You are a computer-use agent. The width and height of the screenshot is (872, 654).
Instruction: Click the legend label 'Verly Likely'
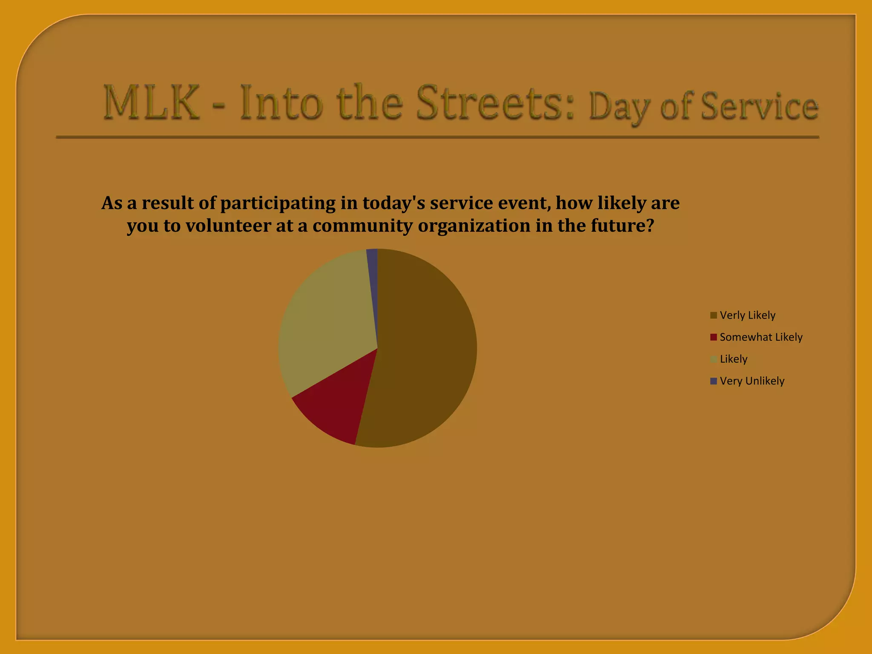coord(747,316)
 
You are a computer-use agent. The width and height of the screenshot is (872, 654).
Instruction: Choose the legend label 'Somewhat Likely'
coord(761,337)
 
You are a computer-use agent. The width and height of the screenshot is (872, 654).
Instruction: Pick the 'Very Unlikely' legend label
coord(752,381)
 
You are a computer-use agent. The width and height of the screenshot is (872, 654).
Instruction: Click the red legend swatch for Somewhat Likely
coord(714,337)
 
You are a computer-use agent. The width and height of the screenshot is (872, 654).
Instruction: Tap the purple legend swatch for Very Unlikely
coord(714,381)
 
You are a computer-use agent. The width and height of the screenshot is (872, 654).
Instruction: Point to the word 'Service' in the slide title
coord(760,106)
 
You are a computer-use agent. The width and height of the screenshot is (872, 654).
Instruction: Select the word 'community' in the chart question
coord(362,226)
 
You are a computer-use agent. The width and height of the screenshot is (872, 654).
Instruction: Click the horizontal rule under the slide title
coord(437,137)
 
